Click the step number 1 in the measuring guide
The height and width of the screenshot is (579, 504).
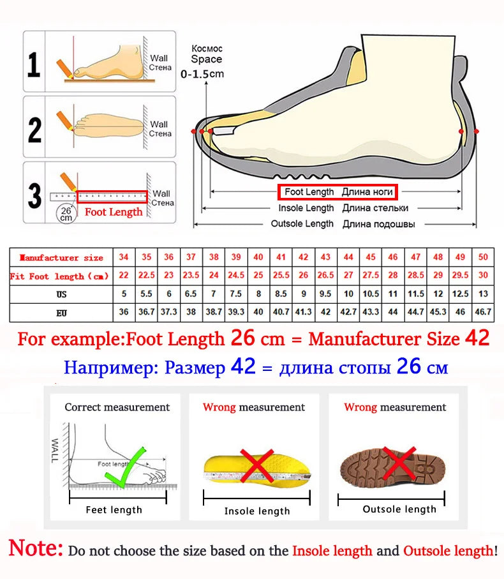pyautogui.click(x=34, y=64)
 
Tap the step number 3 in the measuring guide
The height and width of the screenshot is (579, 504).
pyautogui.click(x=34, y=195)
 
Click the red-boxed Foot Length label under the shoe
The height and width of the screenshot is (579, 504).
pyautogui.click(x=337, y=192)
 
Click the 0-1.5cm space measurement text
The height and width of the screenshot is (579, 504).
pyautogui.click(x=202, y=74)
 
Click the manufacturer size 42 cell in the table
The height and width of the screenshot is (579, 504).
pyautogui.click(x=304, y=257)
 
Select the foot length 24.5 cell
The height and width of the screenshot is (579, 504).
pyautogui.click(x=236, y=276)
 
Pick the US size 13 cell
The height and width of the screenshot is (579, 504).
pyautogui.click(x=483, y=294)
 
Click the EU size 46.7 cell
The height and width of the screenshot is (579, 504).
pyautogui.click(x=483, y=313)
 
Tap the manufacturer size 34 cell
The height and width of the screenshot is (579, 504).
pyautogui.click(x=124, y=257)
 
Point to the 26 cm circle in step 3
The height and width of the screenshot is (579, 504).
pyautogui.click(x=66, y=213)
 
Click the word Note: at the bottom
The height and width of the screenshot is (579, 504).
pyautogui.click(x=36, y=549)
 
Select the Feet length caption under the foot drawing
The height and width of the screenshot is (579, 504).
pyautogui.click(x=114, y=509)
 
